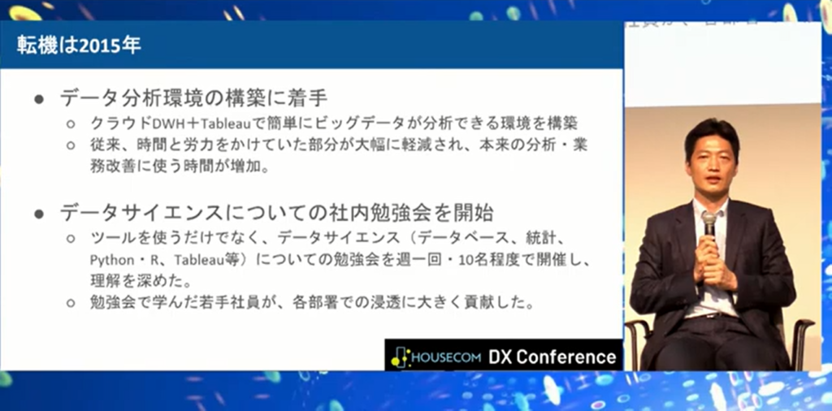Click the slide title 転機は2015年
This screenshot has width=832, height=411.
coord(80,45)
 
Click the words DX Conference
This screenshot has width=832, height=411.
coord(552,357)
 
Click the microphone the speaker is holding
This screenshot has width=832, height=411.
coord(708,223)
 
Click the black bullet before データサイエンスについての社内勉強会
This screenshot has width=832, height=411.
coord(39,214)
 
